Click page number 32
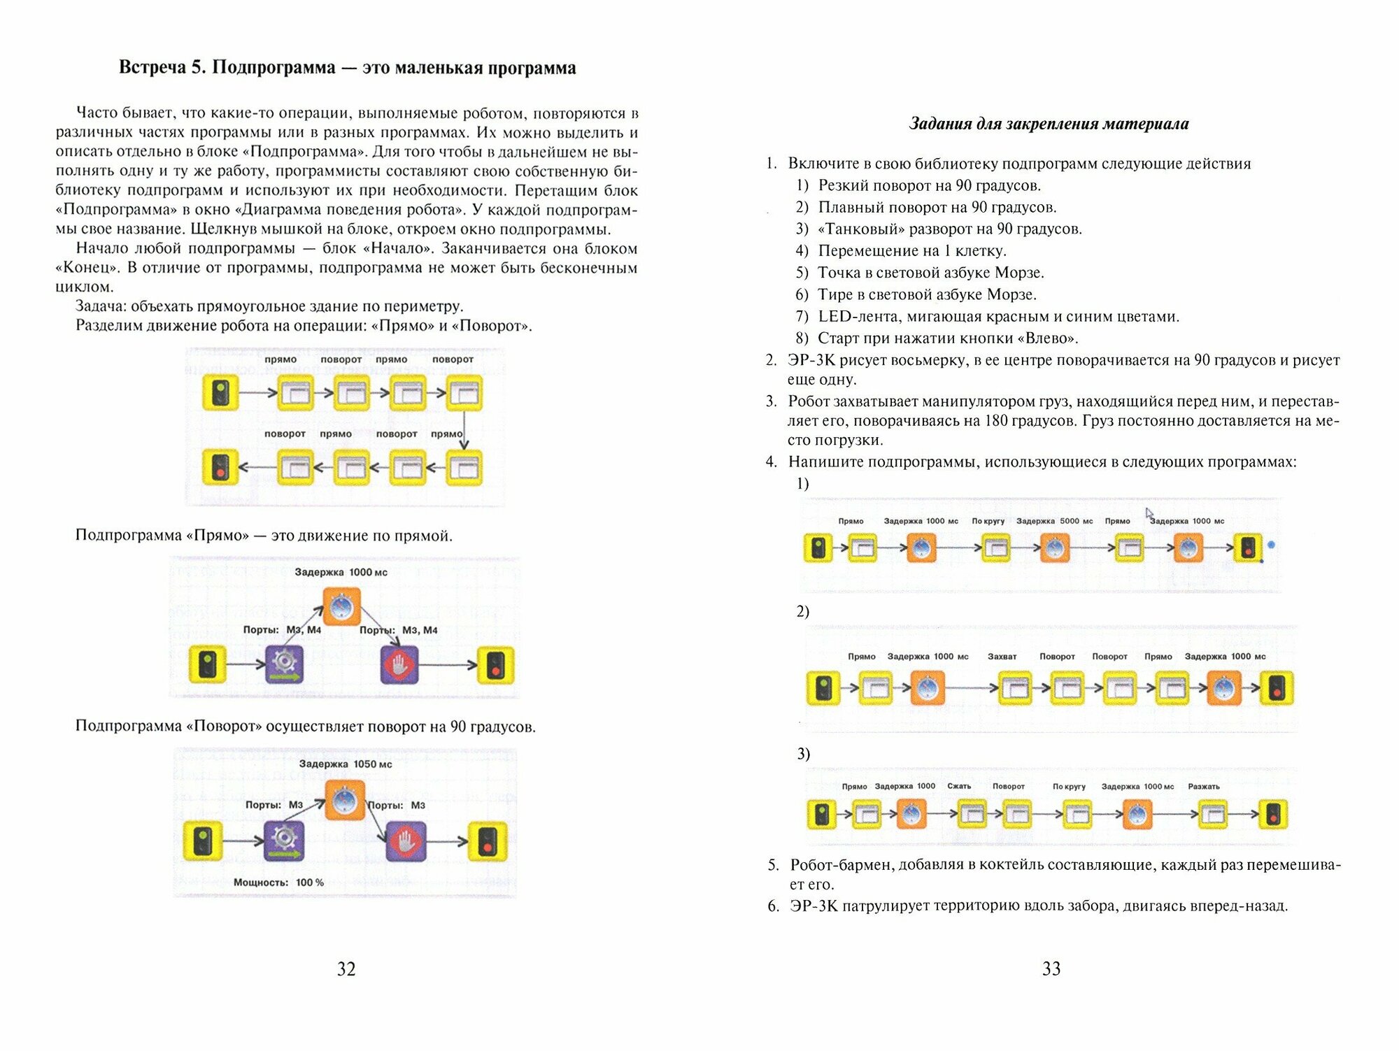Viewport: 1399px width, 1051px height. (x=346, y=968)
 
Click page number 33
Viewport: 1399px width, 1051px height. (x=1051, y=968)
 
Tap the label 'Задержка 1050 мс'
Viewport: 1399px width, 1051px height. (x=346, y=764)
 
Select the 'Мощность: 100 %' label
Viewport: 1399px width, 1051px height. (x=278, y=882)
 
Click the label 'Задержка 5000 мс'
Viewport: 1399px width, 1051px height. (x=1054, y=521)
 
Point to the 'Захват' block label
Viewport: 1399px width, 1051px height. (x=1002, y=657)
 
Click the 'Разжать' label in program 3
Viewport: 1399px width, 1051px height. (x=1203, y=787)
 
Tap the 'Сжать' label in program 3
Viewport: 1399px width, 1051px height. (x=959, y=786)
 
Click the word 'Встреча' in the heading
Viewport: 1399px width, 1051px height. (x=152, y=68)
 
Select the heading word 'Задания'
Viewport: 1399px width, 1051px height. (x=940, y=124)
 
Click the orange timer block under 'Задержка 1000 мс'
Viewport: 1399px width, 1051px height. (x=341, y=606)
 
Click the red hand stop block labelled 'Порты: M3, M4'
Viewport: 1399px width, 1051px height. (x=399, y=664)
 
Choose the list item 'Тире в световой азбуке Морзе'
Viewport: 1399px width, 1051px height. (x=927, y=294)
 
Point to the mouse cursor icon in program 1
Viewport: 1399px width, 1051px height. (x=1149, y=514)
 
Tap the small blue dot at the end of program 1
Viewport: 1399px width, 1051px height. (x=1271, y=545)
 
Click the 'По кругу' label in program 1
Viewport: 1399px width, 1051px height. (x=988, y=521)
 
